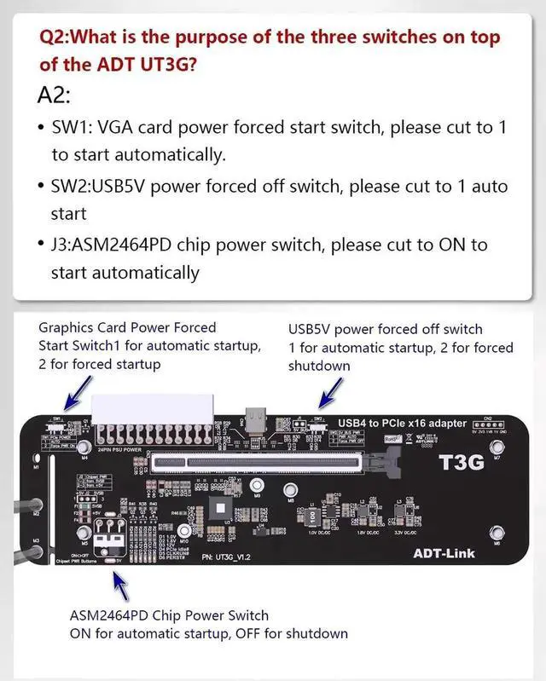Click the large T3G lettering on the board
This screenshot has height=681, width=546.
click(x=462, y=462)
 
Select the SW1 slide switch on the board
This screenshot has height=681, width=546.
click(x=58, y=424)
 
